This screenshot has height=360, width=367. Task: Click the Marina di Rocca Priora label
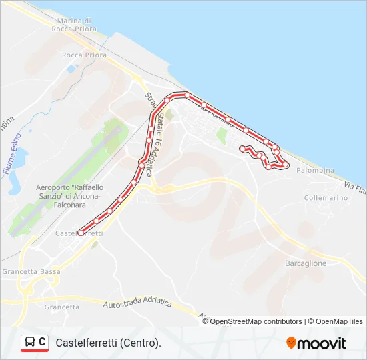coord(74,25)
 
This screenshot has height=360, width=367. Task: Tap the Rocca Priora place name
coord(84,55)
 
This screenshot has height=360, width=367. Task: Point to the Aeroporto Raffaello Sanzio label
coord(68,193)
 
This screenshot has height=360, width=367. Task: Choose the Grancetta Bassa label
coord(31,272)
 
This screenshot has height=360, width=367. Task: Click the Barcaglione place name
coord(306,263)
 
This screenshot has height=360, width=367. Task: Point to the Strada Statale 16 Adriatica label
coord(151,133)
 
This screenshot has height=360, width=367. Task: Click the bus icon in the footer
coord(30,343)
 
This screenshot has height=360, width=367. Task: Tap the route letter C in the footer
coord(42,342)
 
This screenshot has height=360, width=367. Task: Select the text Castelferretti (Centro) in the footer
coord(109,343)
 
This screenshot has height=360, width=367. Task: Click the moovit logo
coord(316,343)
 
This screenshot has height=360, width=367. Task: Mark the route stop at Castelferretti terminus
coord(81,233)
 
